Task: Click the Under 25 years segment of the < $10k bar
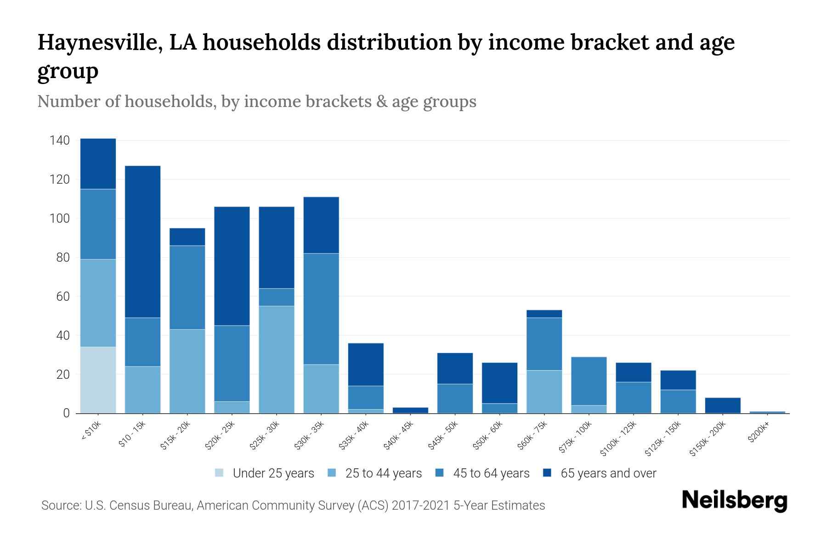[98, 380]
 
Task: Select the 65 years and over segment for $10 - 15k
[142, 242]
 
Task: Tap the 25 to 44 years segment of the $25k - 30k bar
[277, 360]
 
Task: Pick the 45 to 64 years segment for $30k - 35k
[321, 309]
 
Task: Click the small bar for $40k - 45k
[410, 410]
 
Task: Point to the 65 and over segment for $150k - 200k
[723, 405]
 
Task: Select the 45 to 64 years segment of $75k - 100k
[589, 381]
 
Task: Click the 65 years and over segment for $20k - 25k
[232, 266]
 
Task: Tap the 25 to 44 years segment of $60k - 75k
[544, 392]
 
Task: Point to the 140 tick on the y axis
[60, 141]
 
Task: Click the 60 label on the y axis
[63, 297]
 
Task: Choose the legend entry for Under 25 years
[273, 473]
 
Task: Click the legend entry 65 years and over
[608, 473]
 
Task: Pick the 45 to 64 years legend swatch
[440, 473]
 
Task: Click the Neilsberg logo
[734, 500]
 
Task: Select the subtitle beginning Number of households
[256, 101]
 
